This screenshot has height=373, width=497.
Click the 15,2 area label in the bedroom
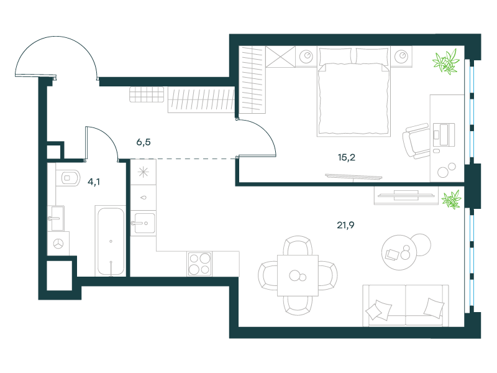coord(347,157)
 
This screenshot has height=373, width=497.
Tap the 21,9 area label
coord(345,225)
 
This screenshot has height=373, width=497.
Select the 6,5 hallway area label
coord(144,142)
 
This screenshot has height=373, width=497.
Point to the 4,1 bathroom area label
coord(94,182)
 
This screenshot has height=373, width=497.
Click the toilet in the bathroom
coord(68,178)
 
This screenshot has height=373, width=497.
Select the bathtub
coord(111,241)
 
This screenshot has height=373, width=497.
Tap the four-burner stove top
coord(199,264)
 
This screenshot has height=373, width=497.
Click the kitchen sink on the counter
coord(143,223)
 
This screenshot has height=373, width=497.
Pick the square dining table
coord(298,275)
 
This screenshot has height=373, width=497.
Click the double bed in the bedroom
coord(353,91)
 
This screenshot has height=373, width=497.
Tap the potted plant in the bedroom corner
coord(446,62)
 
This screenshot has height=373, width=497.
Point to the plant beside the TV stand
coord(452,200)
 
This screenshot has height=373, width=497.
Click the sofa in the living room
coord(406,305)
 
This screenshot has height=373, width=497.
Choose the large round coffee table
coord(399,252)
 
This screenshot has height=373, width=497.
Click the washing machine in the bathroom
coord(58,244)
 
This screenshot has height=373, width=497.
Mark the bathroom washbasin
coord(56,218)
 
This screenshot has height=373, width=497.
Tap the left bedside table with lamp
coord(306,57)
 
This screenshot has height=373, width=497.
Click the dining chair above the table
coord(298,246)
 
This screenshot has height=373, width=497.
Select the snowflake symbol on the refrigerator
coord(144,172)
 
